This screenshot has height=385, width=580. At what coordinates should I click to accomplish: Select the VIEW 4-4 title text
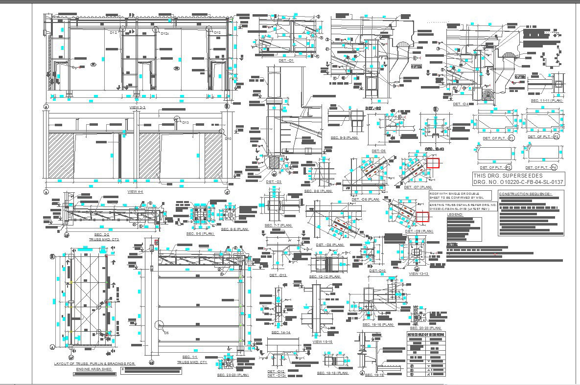point(135,191)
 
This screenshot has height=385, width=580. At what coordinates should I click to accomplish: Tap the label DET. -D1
point(286,60)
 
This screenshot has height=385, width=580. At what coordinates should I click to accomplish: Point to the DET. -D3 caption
point(274,182)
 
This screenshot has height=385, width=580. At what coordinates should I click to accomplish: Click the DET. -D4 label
point(461,104)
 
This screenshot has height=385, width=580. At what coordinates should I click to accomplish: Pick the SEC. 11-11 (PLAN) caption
point(547,100)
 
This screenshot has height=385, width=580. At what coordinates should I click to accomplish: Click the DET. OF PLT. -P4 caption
point(540,168)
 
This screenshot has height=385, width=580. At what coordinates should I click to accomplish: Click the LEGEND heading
point(455,214)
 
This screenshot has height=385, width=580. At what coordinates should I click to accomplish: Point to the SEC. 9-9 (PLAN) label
point(345,138)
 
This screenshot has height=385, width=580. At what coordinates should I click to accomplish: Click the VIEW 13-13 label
point(418,274)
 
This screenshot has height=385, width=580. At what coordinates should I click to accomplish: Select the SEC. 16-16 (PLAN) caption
point(378,324)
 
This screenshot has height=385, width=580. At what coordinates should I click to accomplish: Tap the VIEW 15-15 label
point(322,341)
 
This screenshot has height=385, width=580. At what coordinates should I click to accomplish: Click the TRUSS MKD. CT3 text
point(104,240)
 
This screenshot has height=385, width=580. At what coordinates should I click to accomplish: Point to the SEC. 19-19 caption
point(374,375)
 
